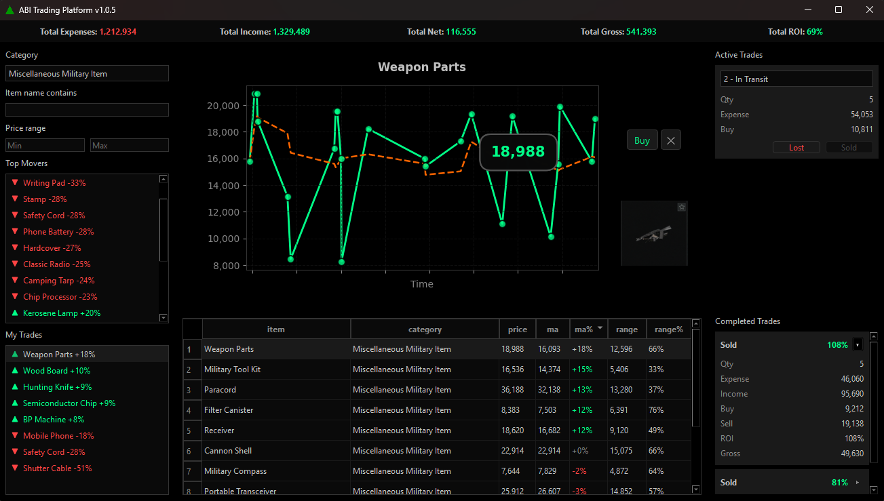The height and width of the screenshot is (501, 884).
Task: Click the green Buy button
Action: [642, 140]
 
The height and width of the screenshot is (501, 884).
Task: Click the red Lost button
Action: [796, 147]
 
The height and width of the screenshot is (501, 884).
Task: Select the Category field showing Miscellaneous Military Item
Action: [87, 74]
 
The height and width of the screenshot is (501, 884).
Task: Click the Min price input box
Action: [45, 145]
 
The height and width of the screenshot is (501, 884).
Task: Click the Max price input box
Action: [129, 145]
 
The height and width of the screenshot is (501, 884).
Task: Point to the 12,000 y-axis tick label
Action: [223, 212]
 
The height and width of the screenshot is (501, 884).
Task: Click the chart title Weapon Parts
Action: [421, 67]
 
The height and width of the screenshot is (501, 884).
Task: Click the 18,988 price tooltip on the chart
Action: [518, 151]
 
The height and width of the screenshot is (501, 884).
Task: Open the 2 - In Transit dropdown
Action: [796, 79]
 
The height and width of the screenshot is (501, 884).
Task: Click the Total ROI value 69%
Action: [815, 32]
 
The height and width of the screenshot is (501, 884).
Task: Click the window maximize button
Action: [839, 9]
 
